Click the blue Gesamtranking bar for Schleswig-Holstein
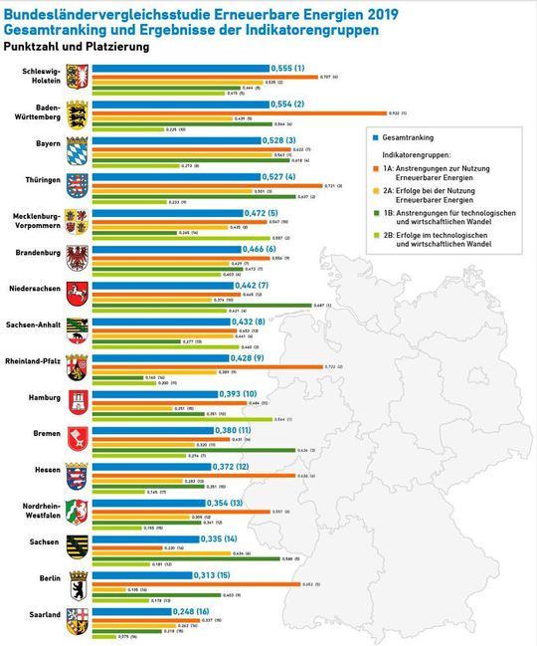[179, 68]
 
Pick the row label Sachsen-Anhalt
[35, 324]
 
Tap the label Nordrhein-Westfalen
[41, 511]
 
